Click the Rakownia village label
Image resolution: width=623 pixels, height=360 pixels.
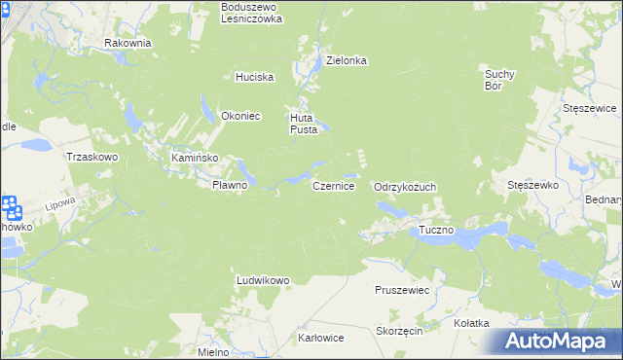[x=128, y=43]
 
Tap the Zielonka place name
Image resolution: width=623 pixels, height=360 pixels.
[x=346, y=59]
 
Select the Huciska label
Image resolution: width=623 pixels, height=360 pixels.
[x=254, y=77]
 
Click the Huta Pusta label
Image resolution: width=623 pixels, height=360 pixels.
[x=302, y=124]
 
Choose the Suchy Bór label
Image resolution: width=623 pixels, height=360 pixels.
[x=498, y=79]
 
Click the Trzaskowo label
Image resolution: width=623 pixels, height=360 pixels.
[x=92, y=156]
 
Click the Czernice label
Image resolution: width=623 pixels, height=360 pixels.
[x=333, y=185]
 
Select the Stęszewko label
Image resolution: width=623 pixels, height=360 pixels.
[x=531, y=184]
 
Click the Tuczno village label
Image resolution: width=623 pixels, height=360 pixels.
[x=436, y=231]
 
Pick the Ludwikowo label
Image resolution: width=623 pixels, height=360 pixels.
[x=263, y=280]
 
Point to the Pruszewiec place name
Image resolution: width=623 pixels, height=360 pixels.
[x=402, y=290]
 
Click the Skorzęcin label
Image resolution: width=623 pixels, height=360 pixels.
[x=398, y=331]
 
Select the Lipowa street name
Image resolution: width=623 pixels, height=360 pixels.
[x=60, y=205]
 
